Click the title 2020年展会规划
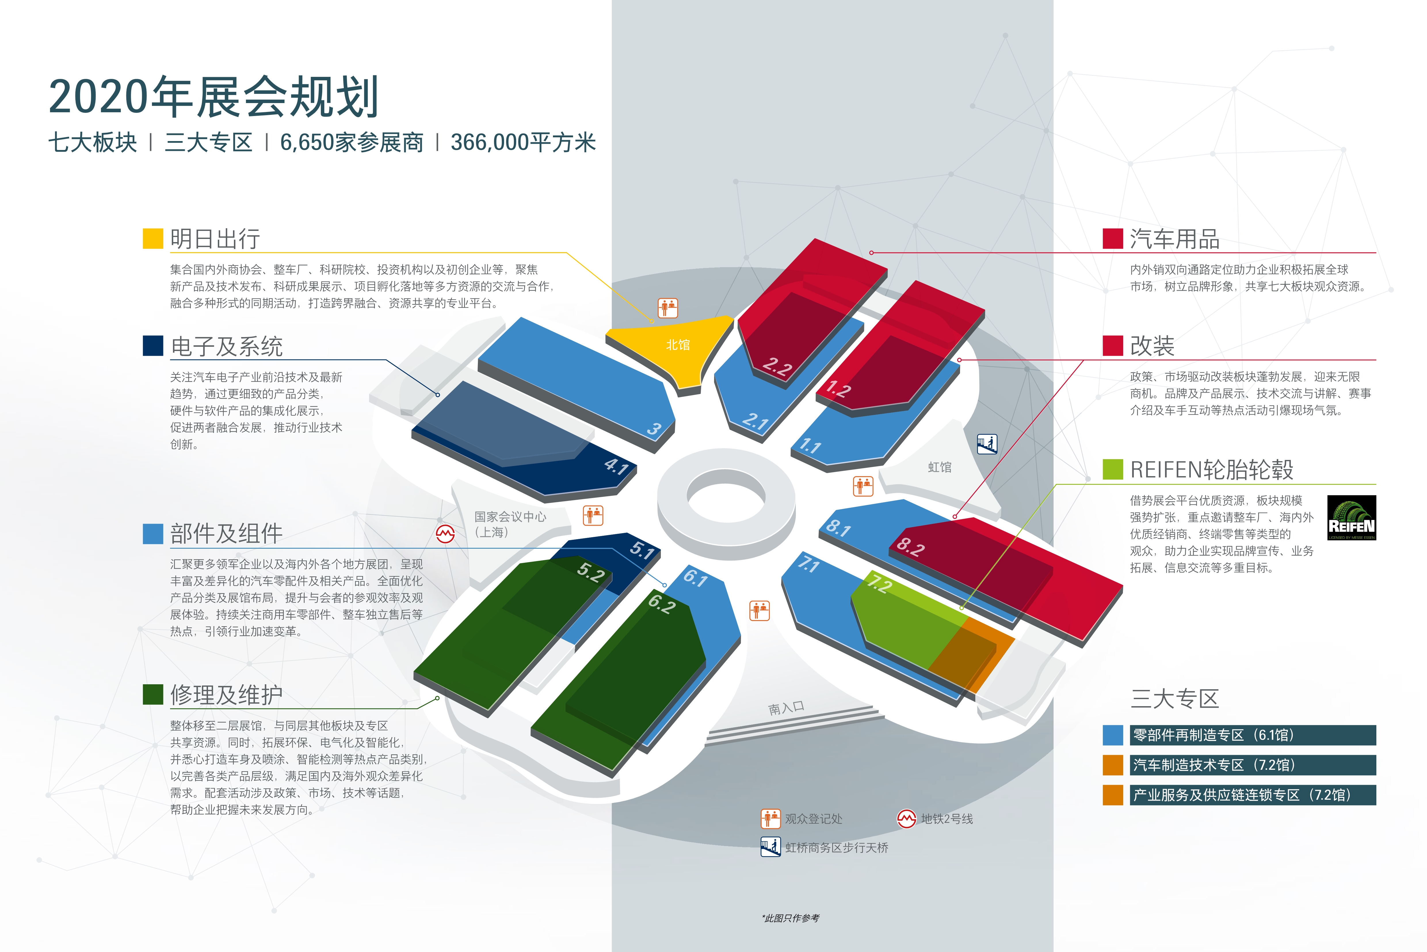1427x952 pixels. pos(213,97)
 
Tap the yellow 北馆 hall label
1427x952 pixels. pos(678,345)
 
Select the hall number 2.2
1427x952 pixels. pos(777,367)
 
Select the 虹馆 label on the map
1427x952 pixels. pos(939,467)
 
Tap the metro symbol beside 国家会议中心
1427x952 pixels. pos(445,534)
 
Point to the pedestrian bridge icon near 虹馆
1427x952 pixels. pos(987,444)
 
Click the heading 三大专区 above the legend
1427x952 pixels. pos(1175,699)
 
